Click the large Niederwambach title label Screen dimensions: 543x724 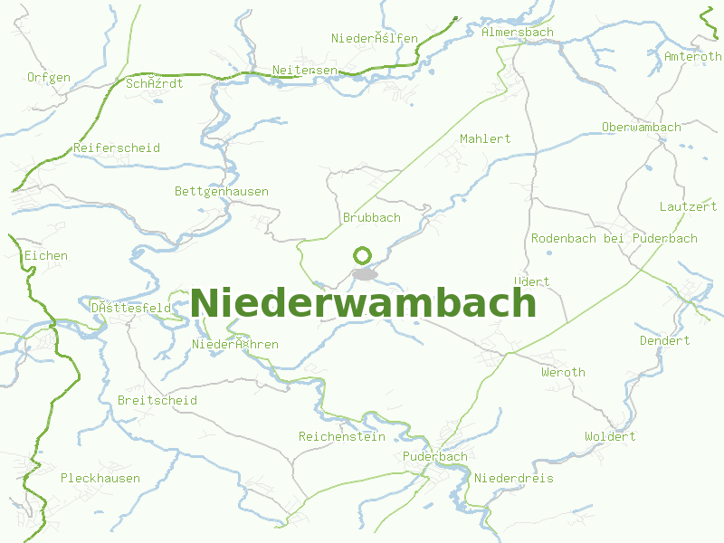(x=363, y=302)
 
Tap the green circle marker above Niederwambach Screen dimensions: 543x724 (x=363, y=255)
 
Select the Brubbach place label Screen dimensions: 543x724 (x=371, y=217)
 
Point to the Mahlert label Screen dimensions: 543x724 (x=485, y=138)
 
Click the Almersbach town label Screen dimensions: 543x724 (x=518, y=32)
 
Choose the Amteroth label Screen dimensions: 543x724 (x=693, y=56)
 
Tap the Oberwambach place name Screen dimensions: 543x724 (x=641, y=127)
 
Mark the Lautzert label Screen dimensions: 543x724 (x=688, y=206)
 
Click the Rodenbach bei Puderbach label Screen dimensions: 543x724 (x=614, y=238)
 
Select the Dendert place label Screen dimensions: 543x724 (x=664, y=340)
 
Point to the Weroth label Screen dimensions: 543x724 (x=563, y=372)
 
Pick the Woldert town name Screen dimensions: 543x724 (x=610, y=436)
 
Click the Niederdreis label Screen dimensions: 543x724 (x=513, y=478)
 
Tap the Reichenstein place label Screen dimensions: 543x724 (x=342, y=436)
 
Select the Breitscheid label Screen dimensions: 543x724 (x=157, y=400)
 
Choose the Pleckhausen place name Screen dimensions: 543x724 (x=100, y=478)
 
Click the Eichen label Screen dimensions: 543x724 (x=46, y=255)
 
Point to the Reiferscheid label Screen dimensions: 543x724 (x=117, y=148)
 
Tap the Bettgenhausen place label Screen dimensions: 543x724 (x=222, y=191)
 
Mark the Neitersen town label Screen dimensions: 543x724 (x=305, y=70)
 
